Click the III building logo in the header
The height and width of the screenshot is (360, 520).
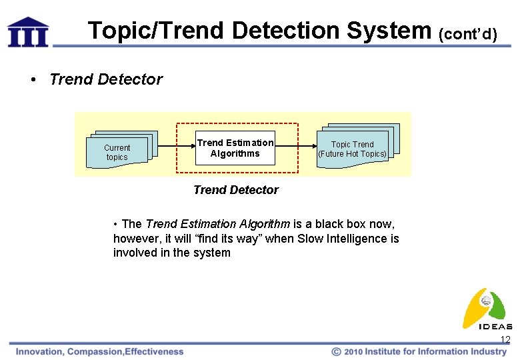[28, 32]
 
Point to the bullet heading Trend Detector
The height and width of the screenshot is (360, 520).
[105, 79]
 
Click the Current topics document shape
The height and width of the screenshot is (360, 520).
[118, 151]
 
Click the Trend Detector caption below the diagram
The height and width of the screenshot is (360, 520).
[235, 190]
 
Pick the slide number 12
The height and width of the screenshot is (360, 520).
[505, 340]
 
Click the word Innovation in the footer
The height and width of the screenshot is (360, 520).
[39, 351]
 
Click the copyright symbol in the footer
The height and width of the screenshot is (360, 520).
[337, 351]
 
